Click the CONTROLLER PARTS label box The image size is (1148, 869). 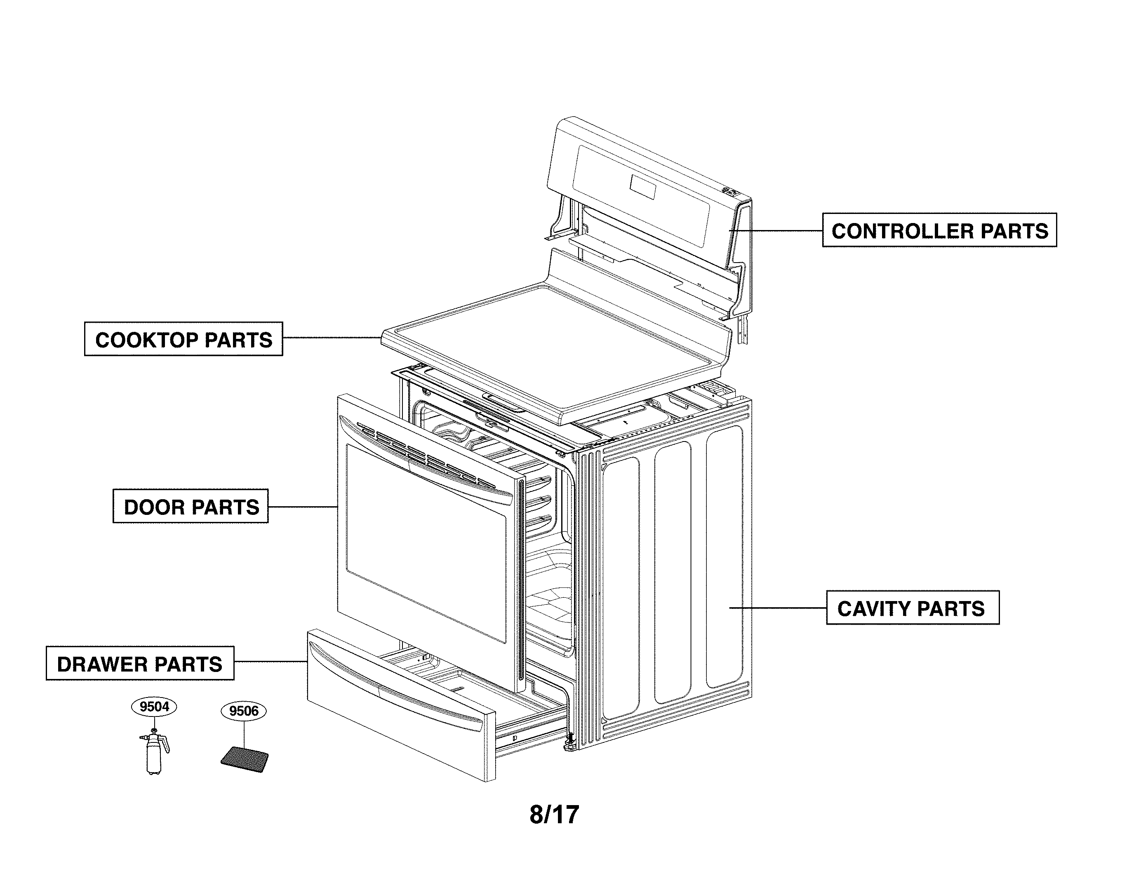pos(939,230)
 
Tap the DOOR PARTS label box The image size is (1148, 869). pos(191,506)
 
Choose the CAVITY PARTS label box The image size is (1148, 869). pos(913,608)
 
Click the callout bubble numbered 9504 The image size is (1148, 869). pos(154,707)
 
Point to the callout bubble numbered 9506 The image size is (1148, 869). pos(243,710)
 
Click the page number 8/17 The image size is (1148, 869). pos(554,815)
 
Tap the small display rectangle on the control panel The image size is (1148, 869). pos(642,187)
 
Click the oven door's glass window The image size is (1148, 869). pos(426,542)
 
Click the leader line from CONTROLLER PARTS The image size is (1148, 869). pos(776,230)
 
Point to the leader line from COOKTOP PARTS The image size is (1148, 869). pos(332,338)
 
